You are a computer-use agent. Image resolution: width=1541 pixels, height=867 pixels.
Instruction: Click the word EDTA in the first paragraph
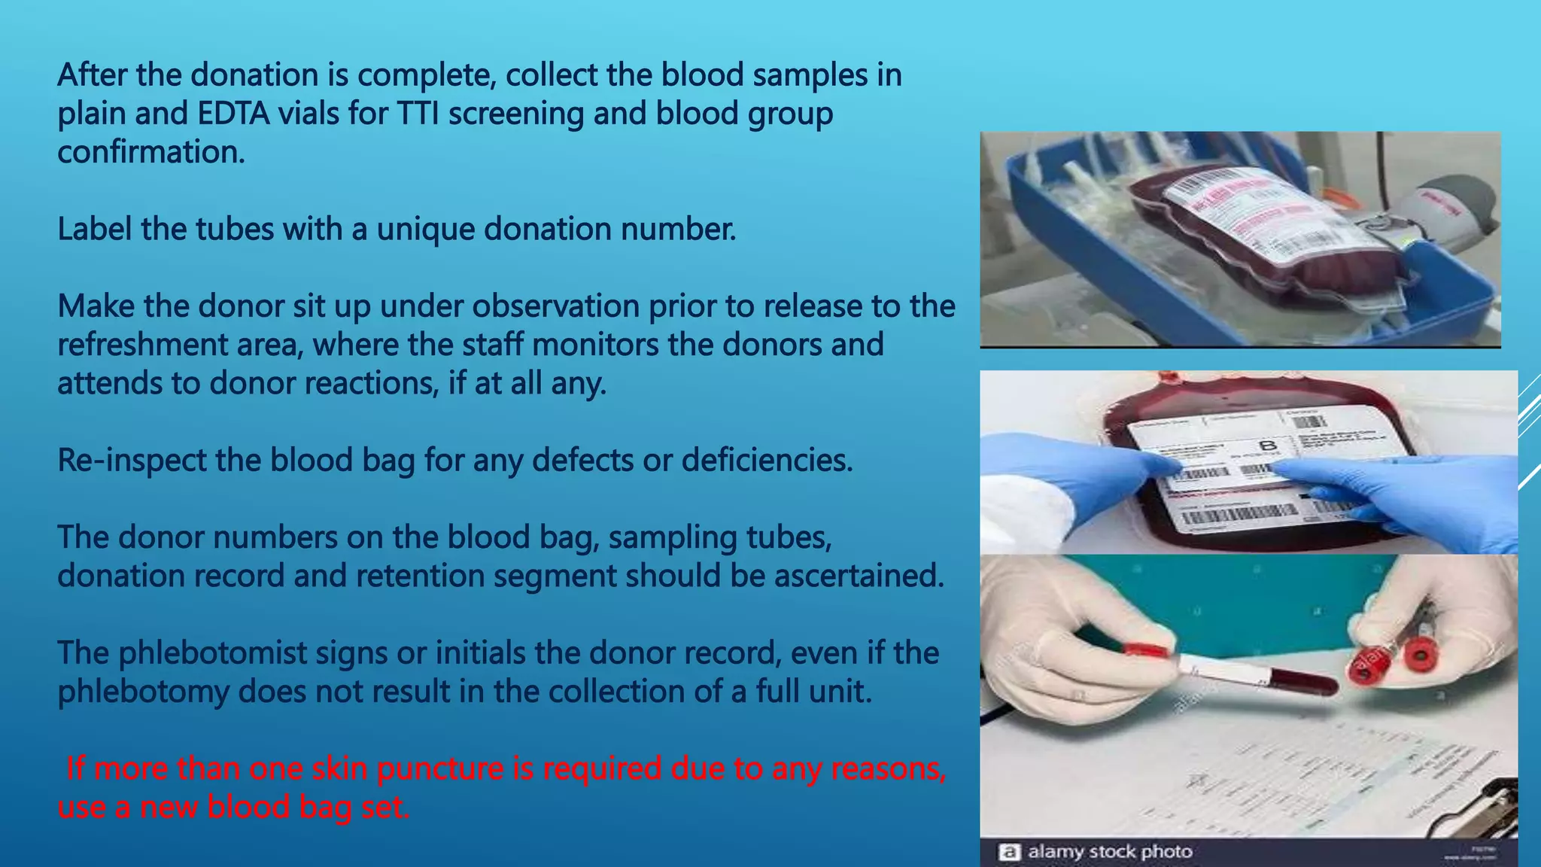pos(233,114)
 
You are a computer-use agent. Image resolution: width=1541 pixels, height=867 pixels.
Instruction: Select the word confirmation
pos(151,153)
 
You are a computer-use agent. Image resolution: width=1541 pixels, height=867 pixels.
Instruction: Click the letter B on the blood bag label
pos(1269,446)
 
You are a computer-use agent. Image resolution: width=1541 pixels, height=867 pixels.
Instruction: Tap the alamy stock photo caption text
pos(1110,852)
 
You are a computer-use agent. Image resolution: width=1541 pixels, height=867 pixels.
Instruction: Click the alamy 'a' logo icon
pos(1009,852)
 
